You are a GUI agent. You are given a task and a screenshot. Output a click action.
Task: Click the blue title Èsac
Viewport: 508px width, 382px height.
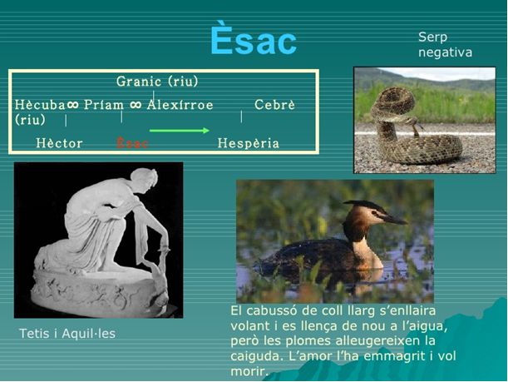coord(254,40)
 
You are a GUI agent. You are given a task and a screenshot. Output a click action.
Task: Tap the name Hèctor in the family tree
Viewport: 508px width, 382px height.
coord(59,143)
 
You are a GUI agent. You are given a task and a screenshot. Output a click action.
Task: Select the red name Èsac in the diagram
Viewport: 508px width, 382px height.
coord(132,143)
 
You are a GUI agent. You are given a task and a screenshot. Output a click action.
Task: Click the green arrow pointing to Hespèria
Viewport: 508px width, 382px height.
coord(179,131)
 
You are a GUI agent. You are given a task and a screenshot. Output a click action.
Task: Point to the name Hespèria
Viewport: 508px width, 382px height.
coord(248,143)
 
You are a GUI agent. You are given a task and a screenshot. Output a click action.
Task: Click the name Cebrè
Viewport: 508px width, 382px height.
coord(274,105)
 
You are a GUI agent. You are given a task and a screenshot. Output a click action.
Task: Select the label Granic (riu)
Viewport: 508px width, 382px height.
coord(157,82)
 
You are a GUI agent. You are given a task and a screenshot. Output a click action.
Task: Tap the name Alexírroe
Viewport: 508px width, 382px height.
coord(180,105)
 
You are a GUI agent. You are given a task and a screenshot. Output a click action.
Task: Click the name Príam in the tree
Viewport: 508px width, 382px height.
coord(104,105)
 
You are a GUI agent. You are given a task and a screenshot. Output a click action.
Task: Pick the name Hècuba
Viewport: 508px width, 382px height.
coord(40,105)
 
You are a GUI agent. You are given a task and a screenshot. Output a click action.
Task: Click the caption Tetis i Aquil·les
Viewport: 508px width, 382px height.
coord(67,334)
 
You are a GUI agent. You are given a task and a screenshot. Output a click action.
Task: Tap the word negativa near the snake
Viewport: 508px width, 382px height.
coord(445,52)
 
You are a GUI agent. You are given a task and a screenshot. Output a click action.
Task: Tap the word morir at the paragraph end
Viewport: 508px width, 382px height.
coord(249,371)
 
